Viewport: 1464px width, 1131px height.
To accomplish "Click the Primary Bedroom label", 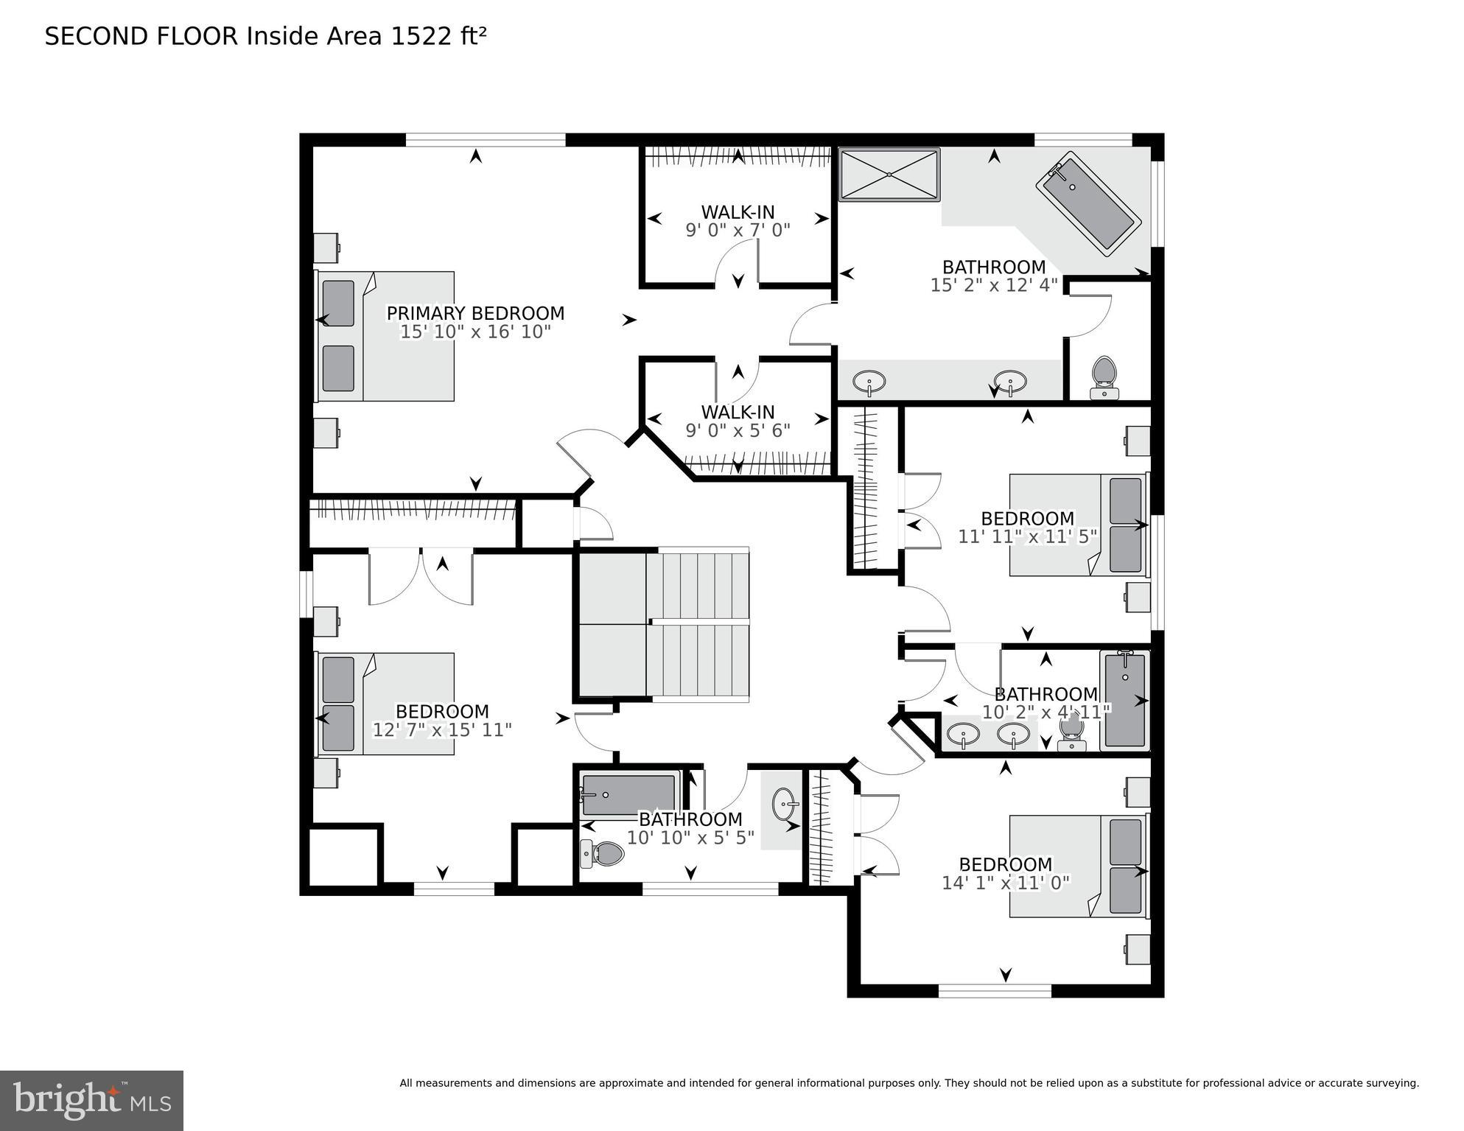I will tap(475, 313).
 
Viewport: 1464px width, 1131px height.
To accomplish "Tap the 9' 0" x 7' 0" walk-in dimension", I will tap(738, 230).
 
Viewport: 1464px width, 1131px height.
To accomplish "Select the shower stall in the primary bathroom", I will tap(889, 175).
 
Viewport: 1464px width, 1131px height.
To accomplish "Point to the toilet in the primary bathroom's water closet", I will tap(1103, 376).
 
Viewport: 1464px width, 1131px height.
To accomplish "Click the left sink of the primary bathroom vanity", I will tap(869, 382).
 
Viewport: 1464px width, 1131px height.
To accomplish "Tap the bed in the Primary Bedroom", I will tap(385, 336).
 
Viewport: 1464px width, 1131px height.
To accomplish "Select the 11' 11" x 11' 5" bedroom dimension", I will tap(1027, 536).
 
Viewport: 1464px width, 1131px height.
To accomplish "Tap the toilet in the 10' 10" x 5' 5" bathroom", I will tap(602, 854).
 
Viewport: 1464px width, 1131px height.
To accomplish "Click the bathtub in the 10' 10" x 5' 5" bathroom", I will tap(628, 795).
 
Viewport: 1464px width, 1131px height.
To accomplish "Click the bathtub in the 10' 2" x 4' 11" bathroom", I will tap(1125, 700).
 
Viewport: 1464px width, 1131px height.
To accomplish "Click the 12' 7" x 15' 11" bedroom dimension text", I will tap(442, 730).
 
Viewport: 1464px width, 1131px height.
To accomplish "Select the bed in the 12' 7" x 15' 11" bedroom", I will tap(385, 704).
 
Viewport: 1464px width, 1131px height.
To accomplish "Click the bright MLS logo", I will tap(91, 1101).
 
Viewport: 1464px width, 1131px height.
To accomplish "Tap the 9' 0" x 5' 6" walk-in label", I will tap(738, 430).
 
